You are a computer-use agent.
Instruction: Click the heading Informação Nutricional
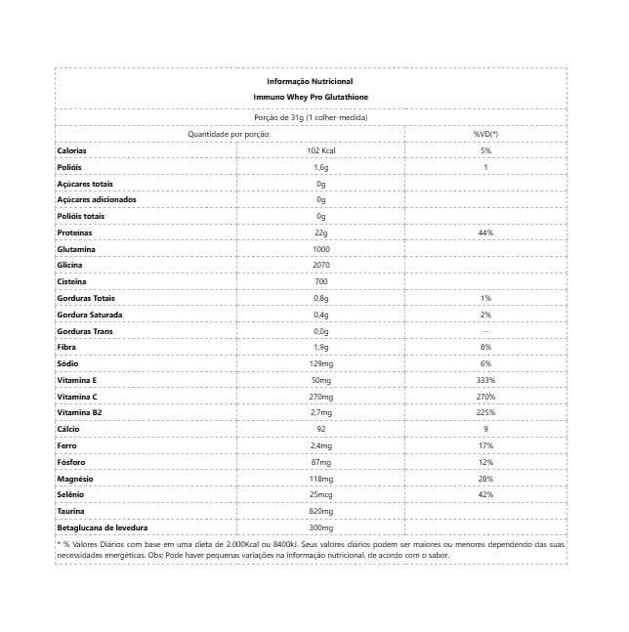310,81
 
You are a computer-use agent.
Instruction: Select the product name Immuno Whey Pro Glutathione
310,98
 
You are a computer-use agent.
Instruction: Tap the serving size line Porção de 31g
310,117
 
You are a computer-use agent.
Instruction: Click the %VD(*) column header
485,134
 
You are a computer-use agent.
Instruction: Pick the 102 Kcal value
320,150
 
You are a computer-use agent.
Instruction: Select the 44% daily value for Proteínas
485,233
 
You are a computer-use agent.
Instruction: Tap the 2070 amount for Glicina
320,266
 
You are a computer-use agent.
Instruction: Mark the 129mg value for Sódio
320,363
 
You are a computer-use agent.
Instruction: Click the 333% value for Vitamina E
485,380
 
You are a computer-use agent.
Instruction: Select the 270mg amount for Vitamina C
320,397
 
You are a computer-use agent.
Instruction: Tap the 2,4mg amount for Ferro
320,445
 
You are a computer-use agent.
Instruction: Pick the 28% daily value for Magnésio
485,479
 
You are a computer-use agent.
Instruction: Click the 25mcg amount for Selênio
320,495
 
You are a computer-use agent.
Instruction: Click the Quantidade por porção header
229,134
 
